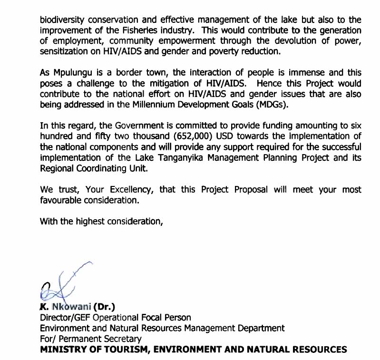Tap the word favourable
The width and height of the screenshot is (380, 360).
pyautogui.click(x=60, y=200)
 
